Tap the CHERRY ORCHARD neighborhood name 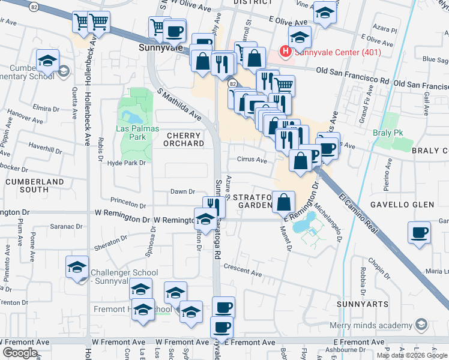coord(184,140)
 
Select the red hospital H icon coord(285,52)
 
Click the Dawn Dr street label coord(183,192)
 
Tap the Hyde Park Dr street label coord(127,163)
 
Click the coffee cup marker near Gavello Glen coord(419,232)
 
